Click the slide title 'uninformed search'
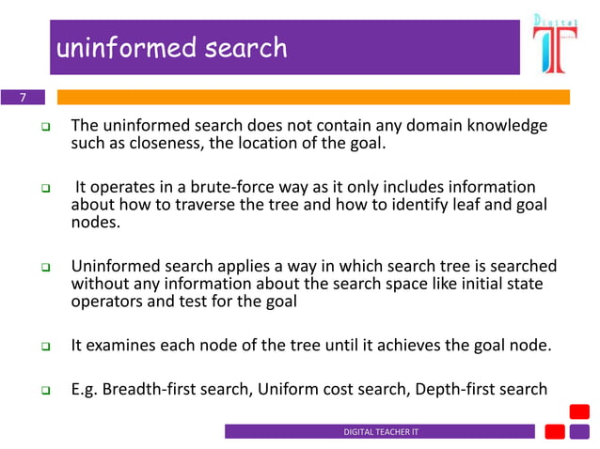(171, 47)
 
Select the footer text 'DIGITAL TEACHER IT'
(379, 431)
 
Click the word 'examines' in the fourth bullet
(119, 346)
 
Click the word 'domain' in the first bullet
(406, 126)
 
